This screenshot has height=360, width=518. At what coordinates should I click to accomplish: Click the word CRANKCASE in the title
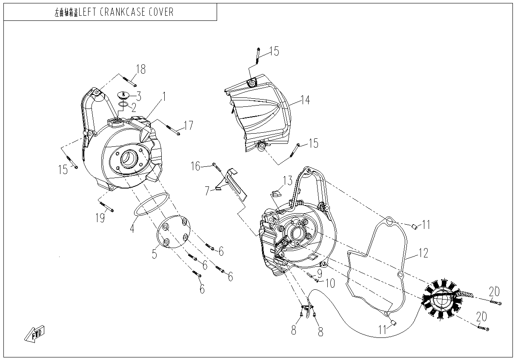(120, 12)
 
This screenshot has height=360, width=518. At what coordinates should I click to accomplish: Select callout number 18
(140, 69)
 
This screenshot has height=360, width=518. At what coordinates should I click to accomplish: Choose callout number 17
(188, 126)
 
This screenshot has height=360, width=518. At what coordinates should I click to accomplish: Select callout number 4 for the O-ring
(132, 229)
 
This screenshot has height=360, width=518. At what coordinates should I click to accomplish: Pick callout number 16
(195, 166)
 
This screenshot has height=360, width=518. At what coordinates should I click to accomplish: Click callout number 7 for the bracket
(207, 191)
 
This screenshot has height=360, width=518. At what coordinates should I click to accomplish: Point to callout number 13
(288, 180)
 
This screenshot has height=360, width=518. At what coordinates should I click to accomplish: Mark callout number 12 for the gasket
(423, 254)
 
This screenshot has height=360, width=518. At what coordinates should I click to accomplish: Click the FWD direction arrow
(35, 333)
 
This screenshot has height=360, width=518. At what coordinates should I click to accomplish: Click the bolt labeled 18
(128, 79)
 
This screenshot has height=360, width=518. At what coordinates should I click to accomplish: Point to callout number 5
(155, 254)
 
